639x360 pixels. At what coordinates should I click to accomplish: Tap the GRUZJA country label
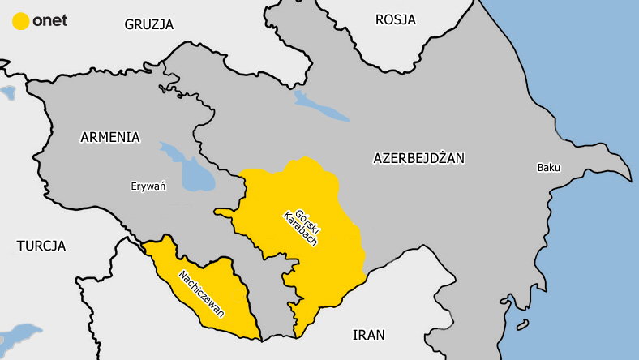[x=149, y=24]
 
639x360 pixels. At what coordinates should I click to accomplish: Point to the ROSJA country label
[x=396, y=19]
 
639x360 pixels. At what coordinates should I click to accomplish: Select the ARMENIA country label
[x=110, y=137]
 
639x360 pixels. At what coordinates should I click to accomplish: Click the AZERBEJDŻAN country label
[x=418, y=158]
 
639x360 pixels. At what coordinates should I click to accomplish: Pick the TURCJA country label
[x=41, y=245]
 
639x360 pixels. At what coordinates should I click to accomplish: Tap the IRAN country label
[x=369, y=334]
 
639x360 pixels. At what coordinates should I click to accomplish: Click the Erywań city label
[x=148, y=186]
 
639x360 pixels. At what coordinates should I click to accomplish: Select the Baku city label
[x=548, y=168]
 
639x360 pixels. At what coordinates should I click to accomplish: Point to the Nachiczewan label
[x=203, y=293]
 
